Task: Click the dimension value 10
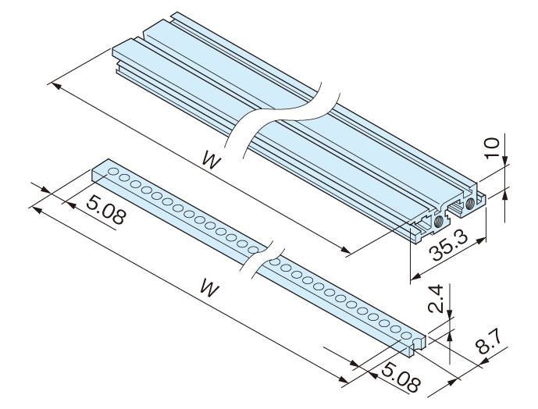(x=490, y=147)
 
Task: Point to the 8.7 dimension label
(x=490, y=343)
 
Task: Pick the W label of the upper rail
(x=209, y=158)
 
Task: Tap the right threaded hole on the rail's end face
(x=469, y=203)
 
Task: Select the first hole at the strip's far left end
(x=114, y=172)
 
